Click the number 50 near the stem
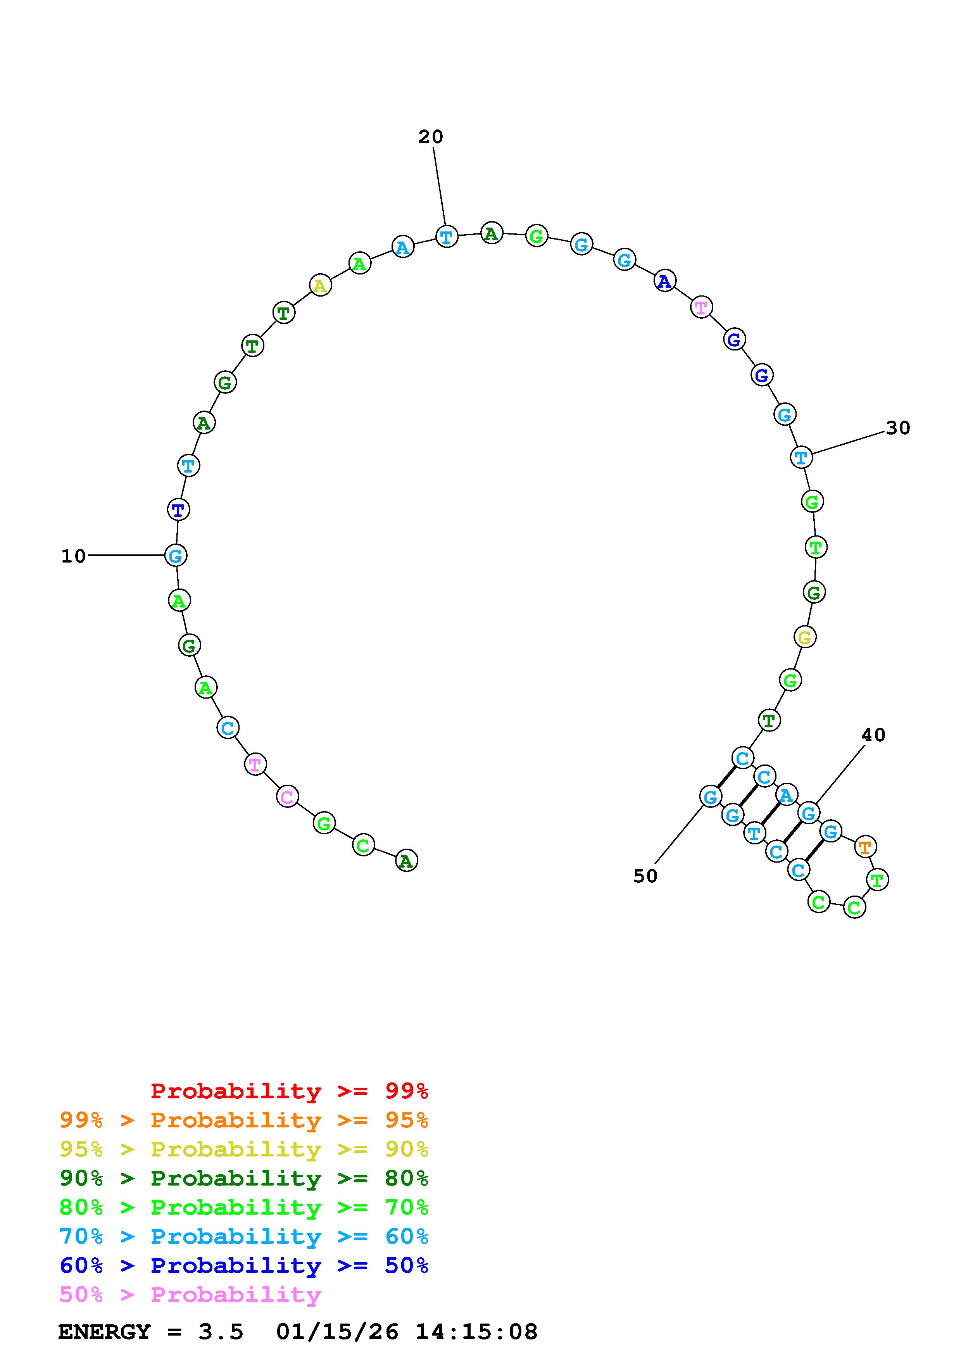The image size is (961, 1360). pyautogui.click(x=645, y=876)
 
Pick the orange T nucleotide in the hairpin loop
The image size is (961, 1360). pyautogui.click(x=865, y=847)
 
